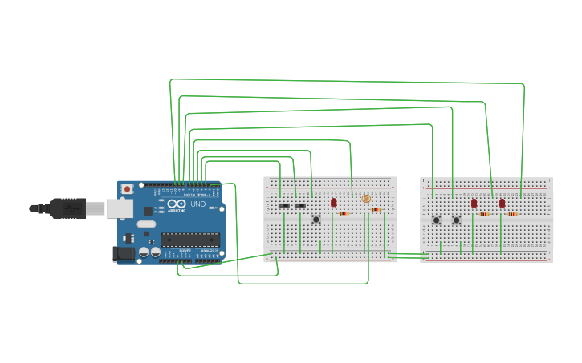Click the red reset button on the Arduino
tap(127, 189)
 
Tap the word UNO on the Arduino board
tap(197, 204)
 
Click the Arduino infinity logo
tap(176, 204)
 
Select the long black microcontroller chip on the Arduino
tap(190, 238)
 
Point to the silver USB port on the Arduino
tap(119, 209)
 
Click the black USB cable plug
tap(67, 208)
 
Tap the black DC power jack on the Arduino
tap(124, 253)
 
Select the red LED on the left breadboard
tap(334, 202)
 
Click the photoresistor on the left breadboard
tap(366, 199)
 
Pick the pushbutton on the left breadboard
tap(316, 219)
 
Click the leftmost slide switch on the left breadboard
tap(283, 206)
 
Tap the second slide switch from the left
tap(300, 206)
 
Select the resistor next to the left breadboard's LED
tap(344, 213)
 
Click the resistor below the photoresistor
tap(376, 209)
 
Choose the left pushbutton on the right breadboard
tap(437, 220)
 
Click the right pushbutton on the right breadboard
tap(456, 220)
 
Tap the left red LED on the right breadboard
tap(474, 203)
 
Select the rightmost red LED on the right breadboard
tap(502, 203)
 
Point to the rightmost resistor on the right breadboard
tap(512, 214)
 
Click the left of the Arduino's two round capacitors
tap(144, 252)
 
